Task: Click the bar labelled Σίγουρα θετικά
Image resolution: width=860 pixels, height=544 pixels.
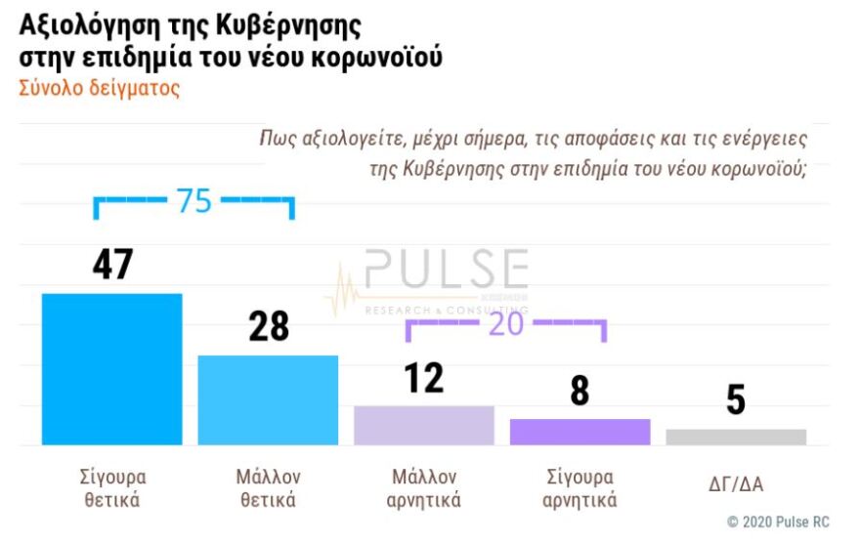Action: pos(111,369)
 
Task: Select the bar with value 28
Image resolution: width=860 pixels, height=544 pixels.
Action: pos(268,399)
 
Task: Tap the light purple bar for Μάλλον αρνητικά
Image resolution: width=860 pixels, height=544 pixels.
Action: pos(423,425)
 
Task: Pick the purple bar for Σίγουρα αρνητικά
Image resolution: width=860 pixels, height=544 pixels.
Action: pos(580,432)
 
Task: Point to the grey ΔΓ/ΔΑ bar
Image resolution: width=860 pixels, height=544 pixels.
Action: pos(736,437)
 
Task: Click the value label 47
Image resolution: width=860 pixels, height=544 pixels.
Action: pos(112,264)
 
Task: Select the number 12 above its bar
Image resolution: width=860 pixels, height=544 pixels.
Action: pos(424,378)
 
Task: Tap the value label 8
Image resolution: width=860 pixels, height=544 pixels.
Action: pos(580,391)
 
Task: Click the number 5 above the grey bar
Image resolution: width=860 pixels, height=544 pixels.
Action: pos(736,400)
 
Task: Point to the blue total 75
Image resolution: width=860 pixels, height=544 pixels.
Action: pos(193,201)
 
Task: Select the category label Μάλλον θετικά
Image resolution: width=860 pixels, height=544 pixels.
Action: pos(268,488)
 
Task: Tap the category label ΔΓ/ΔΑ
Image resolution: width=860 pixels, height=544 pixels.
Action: pos(736,481)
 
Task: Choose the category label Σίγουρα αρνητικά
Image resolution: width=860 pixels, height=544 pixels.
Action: pos(580,488)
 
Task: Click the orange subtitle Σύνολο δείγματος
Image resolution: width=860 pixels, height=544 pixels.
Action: pos(100,88)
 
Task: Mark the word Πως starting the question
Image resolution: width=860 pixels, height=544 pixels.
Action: pos(277,139)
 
